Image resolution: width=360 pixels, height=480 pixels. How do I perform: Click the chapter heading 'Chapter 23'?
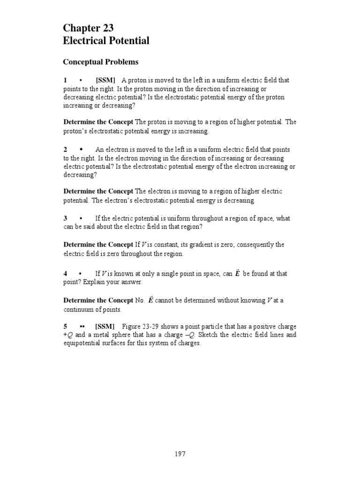pos(88,29)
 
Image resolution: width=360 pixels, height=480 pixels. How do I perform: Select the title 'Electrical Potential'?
pos(106,41)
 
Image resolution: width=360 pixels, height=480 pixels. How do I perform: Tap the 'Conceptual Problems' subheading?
pos(101,62)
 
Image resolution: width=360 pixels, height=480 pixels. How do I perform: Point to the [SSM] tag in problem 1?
pos(105,80)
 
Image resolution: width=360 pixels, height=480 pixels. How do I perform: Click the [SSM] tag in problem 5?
pos(105,326)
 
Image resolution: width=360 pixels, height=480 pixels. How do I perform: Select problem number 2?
pos(66,150)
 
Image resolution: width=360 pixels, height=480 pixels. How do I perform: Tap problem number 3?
pos(66,218)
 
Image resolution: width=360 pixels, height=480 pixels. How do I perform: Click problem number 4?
pos(66,273)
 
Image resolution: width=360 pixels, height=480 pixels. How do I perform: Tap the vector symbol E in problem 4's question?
pos(237,273)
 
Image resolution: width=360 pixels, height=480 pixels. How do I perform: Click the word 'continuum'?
pos(78,310)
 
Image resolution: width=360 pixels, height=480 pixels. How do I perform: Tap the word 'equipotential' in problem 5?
pos(81,343)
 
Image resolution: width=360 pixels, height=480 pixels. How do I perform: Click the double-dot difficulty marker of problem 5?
pos(82,326)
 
